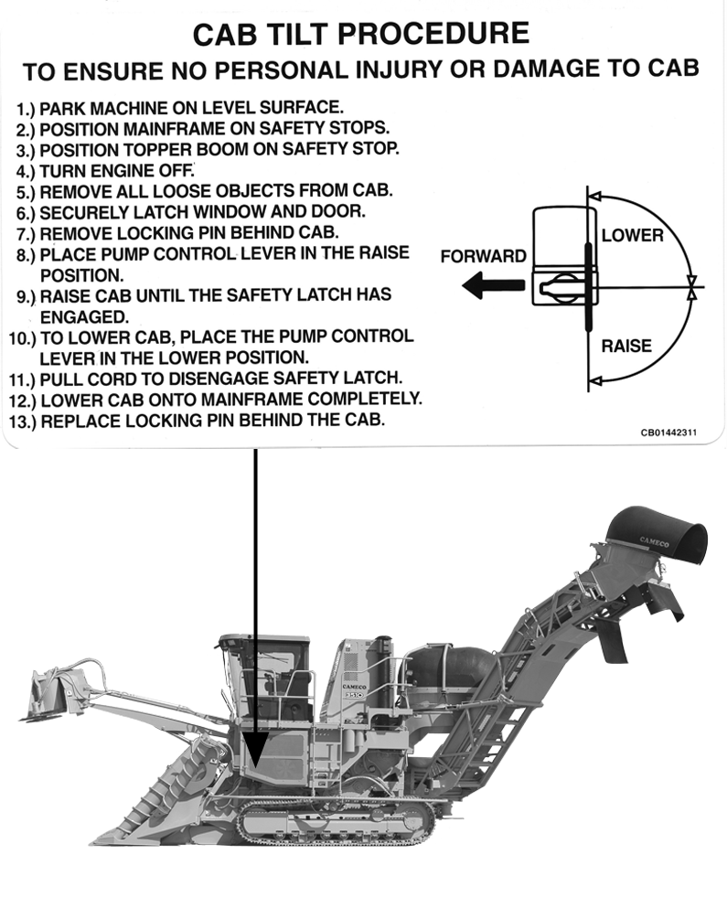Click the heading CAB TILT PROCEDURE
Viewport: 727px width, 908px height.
pos(360,34)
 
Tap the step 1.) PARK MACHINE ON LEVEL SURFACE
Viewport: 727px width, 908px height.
pos(180,107)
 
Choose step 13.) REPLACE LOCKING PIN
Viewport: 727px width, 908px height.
pos(201,421)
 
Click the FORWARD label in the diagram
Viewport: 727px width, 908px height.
pos(483,257)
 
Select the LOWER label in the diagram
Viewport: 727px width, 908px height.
pos(632,236)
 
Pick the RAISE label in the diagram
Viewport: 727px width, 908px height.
pos(627,347)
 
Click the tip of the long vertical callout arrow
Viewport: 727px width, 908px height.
pos(255,764)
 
